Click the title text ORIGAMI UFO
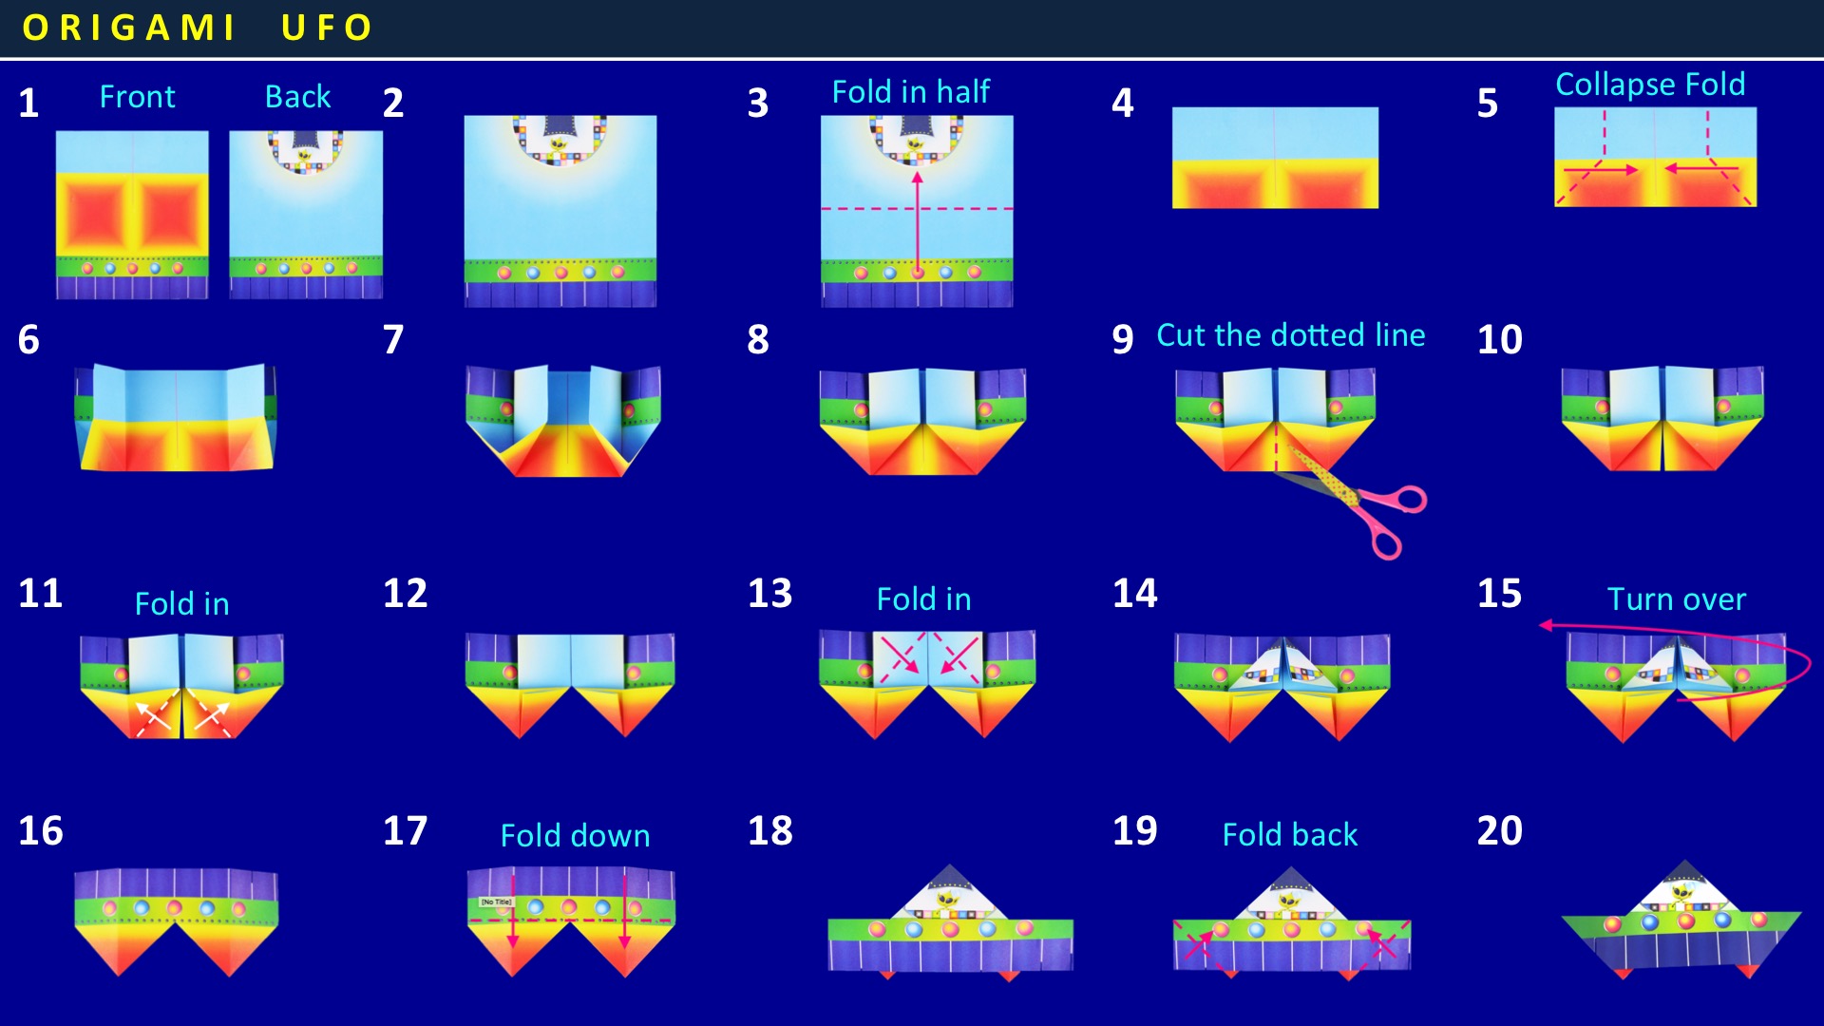point(197,28)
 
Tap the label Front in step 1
point(138,96)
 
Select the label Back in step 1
point(297,96)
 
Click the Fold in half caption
point(910,91)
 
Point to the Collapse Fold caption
point(1650,85)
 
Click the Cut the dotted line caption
point(1290,334)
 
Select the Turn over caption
point(1676,598)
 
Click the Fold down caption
point(575,835)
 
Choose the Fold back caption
point(1289,834)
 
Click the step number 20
point(1499,830)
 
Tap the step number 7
point(393,339)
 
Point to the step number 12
point(406,593)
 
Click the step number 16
point(41,830)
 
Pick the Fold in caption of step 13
point(923,598)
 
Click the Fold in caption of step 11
point(181,603)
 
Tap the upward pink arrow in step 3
point(917,223)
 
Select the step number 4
point(1123,103)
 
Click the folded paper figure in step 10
point(1662,418)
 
